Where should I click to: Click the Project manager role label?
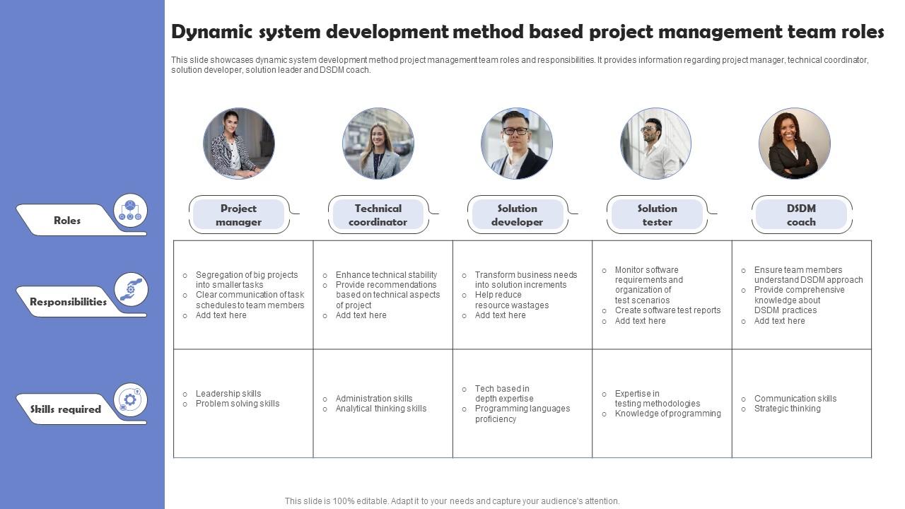click(x=238, y=215)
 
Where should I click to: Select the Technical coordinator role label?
click(x=378, y=215)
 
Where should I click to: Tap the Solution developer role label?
click(x=517, y=215)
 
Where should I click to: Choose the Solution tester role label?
click(x=657, y=215)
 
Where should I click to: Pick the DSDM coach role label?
click(x=801, y=215)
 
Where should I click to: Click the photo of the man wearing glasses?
click(x=517, y=144)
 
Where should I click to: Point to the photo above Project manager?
click(x=239, y=144)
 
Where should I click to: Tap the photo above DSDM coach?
click(x=795, y=144)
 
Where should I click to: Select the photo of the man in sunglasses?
click(x=655, y=144)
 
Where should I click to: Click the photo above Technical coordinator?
click(x=378, y=144)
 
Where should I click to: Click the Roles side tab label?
click(x=67, y=221)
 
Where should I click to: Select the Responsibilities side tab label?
click(x=68, y=302)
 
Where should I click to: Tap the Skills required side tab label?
click(x=66, y=409)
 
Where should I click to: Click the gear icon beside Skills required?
click(x=130, y=400)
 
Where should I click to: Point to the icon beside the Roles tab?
click(x=130, y=210)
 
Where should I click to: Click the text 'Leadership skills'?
click(x=228, y=394)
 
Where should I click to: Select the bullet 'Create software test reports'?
click(x=667, y=310)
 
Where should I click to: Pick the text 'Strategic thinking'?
click(x=787, y=409)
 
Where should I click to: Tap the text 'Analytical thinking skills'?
click(x=381, y=409)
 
